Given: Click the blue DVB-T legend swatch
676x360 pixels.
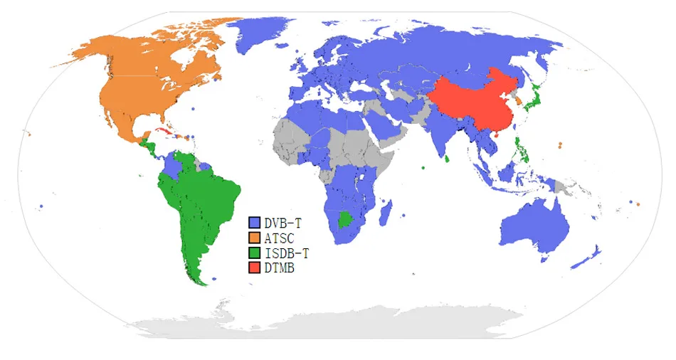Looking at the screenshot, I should point(254,223).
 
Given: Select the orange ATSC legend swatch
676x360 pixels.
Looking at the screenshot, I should point(254,238).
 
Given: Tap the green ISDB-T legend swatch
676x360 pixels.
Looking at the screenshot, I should point(254,253).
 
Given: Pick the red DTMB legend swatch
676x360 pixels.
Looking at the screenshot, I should point(254,268).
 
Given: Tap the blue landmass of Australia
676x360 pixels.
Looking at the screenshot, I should point(534,224).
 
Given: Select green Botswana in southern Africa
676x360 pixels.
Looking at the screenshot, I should point(345,219).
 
